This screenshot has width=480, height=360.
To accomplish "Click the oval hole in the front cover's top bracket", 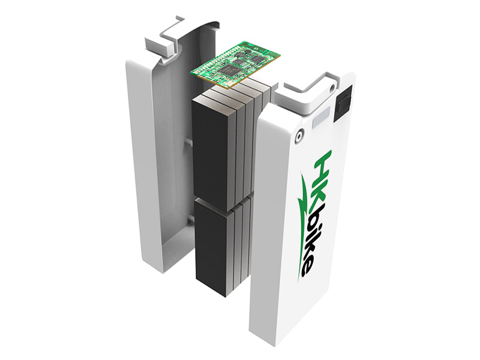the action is pos(332,88).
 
